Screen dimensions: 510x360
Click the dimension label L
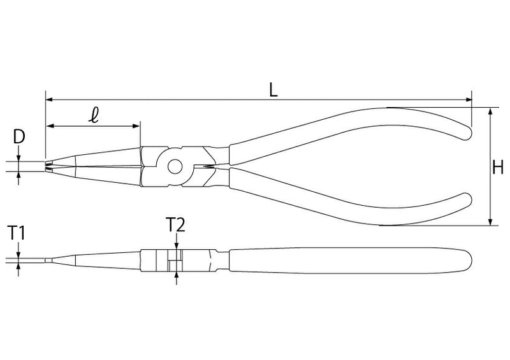(x=273, y=90)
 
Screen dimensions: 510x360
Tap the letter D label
(x=19, y=137)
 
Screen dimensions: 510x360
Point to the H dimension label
(x=498, y=168)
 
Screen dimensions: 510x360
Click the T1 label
(x=17, y=233)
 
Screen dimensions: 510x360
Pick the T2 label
(x=175, y=224)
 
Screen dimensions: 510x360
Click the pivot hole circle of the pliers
(x=175, y=166)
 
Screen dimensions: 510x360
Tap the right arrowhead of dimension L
(x=469, y=99)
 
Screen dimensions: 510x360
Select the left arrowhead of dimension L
(x=49, y=99)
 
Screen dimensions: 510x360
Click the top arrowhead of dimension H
(x=490, y=111)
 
